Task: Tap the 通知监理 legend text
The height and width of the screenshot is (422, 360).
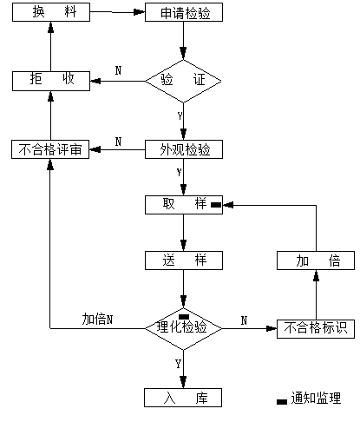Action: (x=316, y=399)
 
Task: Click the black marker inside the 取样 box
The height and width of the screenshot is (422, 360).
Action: (x=216, y=205)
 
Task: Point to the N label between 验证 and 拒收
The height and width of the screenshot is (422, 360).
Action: (x=118, y=70)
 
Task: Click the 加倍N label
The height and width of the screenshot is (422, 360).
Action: (x=97, y=320)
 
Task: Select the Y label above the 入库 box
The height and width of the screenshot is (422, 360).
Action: (x=178, y=364)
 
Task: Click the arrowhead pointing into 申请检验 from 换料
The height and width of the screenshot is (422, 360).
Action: (x=140, y=12)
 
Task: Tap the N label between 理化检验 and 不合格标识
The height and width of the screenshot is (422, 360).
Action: (x=244, y=320)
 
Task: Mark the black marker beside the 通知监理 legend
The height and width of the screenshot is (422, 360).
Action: (x=282, y=402)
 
